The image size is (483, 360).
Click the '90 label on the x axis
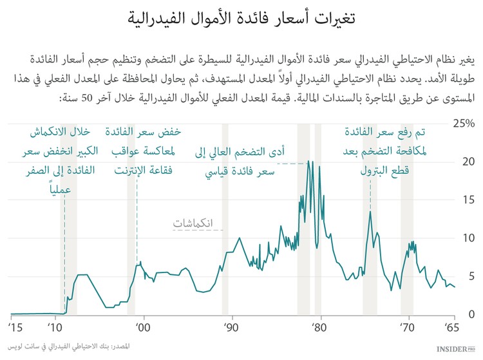[231, 328]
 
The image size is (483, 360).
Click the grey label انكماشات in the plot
[198, 223]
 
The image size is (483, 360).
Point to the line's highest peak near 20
[309, 161]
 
